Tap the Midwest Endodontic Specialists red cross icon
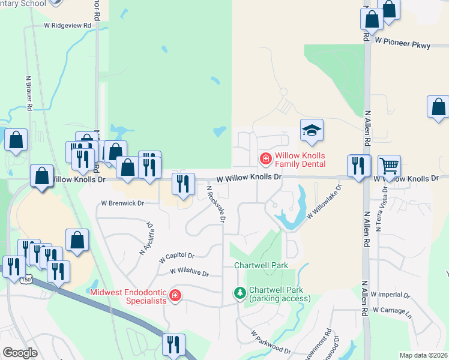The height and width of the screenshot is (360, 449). pos(175,296)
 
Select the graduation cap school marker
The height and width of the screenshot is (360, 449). pos(312,130)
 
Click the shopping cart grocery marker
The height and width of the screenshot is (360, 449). pos(390,165)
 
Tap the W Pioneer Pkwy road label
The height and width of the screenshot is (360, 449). pos(402,43)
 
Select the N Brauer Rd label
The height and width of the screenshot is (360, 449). pos(28,93)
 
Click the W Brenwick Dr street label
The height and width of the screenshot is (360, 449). pos(122,203)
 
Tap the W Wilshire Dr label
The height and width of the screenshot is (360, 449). pos(189,272)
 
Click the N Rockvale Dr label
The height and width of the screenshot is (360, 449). pos(215,204)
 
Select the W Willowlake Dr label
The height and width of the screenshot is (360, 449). pos(324,202)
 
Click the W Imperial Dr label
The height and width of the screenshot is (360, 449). pos(390,295)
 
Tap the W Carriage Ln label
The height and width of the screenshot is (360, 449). pos(393,310)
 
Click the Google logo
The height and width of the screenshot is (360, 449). pos(20,352)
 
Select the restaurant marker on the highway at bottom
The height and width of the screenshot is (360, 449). pos(173,344)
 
